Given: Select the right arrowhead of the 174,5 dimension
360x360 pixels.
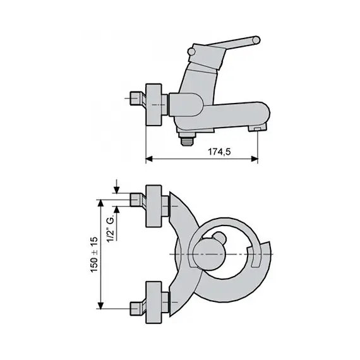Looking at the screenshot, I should click(255, 159).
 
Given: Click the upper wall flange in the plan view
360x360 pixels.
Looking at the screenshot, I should click(155, 208).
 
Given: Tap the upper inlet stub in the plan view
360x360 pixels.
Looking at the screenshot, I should click(136, 201).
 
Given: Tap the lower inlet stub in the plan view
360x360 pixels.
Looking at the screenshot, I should click(136, 308).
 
